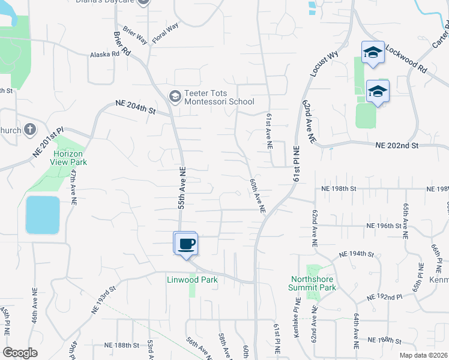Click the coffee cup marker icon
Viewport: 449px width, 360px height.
pyautogui.click(x=185, y=243)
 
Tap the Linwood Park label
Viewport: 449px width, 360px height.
pyautogui.click(x=192, y=280)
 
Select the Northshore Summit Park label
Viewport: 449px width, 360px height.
pyautogui.click(x=313, y=283)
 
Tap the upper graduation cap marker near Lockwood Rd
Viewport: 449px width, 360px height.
pyautogui.click(x=373, y=52)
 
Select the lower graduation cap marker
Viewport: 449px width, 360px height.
pyautogui.click(x=378, y=91)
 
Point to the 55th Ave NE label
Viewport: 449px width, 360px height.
pyautogui.click(x=181, y=188)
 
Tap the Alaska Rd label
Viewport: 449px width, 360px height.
pyautogui.click(x=105, y=54)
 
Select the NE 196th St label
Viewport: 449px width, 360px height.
pyautogui.click(x=384, y=226)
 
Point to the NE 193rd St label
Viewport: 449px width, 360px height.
pyautogui.click(x=103, y=301)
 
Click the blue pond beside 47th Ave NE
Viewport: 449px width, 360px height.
pyautogui.click(x=43, y=215)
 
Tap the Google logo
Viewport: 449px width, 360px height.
pyautogui.click(x=20, y=353)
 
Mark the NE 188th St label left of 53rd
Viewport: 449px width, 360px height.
pyautogui.click(x=122, y=345)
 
